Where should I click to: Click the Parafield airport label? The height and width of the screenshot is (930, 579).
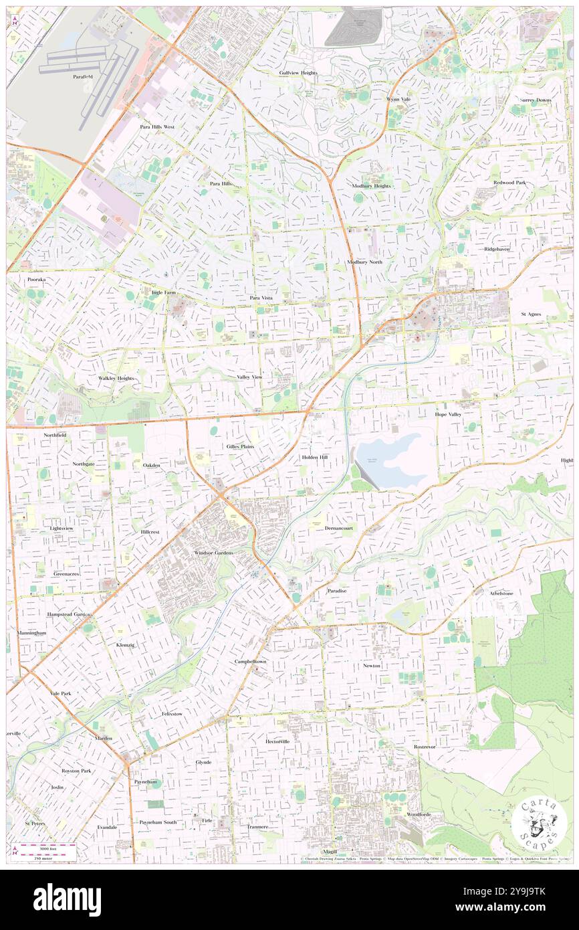[x=83, y=77]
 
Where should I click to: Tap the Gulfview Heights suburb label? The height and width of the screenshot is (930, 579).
[x=298, y=72]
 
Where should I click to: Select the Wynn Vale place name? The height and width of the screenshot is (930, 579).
[x=398, y=99]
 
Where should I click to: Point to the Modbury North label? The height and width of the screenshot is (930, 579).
[x=364, y=262]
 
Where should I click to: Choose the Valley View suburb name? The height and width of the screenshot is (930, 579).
[x=249, y=377]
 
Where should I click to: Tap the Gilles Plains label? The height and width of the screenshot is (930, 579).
[x=240, y=446]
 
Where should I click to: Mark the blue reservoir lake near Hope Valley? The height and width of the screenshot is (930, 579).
[x=394, y=460]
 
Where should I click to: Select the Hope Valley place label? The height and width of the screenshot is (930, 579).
[x=449, y=415]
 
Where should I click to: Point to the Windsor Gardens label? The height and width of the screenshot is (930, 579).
[x=214, y=553]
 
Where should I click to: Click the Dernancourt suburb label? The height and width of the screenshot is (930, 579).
[x=339, y=528]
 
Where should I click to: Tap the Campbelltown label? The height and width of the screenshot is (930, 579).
[x=250, y=661]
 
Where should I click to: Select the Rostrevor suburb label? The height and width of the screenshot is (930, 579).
[x=425, y=746]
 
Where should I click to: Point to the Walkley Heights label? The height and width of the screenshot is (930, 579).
[x=116, y=378]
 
